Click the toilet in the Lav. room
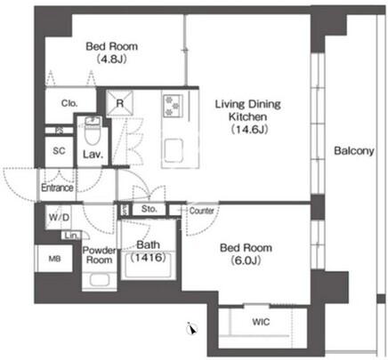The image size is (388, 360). click(93, 132)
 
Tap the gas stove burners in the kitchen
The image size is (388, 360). click(173, 105)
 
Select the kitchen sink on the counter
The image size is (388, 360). click(174, 150)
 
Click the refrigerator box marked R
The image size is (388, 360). click(119, 103)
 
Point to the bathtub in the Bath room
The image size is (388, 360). click(149, 265)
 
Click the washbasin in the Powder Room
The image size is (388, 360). click(100, 280)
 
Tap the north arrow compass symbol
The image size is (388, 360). click(192, 328)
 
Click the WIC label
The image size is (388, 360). click(261, 322)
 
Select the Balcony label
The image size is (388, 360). click(354, 151)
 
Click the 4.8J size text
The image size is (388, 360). click(112, 59)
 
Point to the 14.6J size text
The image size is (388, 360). click(249, 129)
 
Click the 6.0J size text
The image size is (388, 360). click(246, 260)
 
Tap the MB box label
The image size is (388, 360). click(55, 259)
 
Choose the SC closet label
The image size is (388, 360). click(59, 151)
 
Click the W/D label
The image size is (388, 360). click(59, 218)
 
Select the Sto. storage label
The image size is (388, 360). click(149, 209)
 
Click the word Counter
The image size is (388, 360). click(202, 211)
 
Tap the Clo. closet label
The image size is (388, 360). click(69, 103)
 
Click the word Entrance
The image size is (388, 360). click(57, 188)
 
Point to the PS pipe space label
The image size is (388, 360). click(60, 131)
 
